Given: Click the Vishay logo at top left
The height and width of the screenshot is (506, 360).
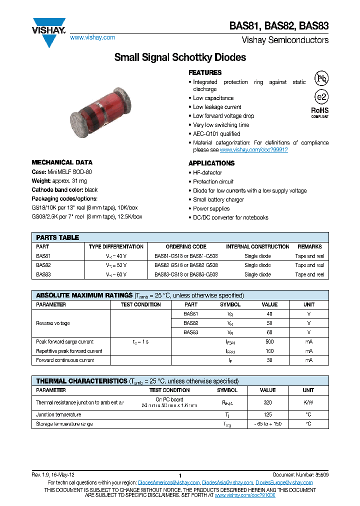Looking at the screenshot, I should pos(49,31).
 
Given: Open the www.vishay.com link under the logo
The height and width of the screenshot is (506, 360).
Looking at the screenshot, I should pos(92,37).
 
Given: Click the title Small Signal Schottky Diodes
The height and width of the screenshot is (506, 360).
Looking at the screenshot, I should pos(180,57).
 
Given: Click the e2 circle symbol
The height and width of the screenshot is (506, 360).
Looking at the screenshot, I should pos(321,97).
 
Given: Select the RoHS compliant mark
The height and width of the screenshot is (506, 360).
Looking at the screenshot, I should pos(320,111).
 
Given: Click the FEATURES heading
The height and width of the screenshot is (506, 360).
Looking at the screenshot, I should pos(205,72).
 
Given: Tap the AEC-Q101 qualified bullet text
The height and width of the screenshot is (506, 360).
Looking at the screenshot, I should pos(216,134).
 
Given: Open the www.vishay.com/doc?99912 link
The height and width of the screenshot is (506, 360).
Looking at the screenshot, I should pos(254,149).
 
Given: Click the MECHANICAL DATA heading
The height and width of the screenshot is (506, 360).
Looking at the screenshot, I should pos(62,162).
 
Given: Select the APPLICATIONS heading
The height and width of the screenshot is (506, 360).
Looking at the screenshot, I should pos(211,163).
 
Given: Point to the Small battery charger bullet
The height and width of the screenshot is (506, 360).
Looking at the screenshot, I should pos(218,199).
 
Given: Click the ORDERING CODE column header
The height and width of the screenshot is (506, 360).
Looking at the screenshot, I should pos(186,246).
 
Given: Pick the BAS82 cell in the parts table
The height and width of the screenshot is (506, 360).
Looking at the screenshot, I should pos(43,265).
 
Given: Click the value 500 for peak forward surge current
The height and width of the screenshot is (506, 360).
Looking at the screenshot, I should pos(269,341).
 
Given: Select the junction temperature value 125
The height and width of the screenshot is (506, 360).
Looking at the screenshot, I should pos(268,414).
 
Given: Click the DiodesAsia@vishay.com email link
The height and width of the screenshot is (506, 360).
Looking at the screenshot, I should pos(227,482).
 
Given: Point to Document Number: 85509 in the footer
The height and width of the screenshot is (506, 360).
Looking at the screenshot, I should pos(300,474).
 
